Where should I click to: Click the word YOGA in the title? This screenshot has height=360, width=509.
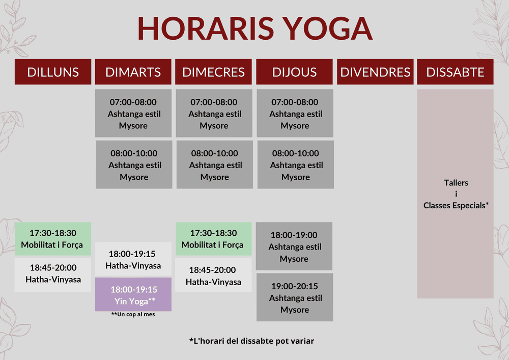tap(327, 28)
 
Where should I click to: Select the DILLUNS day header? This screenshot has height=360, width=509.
tap(53, 72)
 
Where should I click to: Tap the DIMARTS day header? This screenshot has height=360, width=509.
tap(133, 72)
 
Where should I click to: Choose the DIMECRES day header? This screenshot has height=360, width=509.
tap(214, 72)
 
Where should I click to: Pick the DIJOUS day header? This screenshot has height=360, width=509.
tap(294, 72)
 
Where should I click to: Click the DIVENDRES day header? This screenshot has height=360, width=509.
tap(375, 72)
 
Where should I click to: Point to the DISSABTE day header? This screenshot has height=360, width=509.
tap(455, 72)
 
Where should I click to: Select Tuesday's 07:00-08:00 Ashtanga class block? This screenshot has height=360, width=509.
tap(133, 113)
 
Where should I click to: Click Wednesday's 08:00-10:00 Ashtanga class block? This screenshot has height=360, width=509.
tap(215, 164)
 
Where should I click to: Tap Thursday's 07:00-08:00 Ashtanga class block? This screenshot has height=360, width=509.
tap(295, 113)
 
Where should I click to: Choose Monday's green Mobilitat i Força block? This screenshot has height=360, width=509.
tap(53, 239)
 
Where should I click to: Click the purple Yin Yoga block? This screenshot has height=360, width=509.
tap(133, 294)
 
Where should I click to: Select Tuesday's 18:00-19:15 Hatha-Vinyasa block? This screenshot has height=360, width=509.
tap(133, 259)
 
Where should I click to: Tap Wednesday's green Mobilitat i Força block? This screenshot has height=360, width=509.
tap(214, 239)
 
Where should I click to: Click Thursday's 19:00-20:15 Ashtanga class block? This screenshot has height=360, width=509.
tap(295, 297)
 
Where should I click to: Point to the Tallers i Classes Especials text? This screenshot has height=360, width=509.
tap(456, 194)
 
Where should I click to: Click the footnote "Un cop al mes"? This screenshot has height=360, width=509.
tap(133, 314)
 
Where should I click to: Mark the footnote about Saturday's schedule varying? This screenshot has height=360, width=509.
tap(251, 341)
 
